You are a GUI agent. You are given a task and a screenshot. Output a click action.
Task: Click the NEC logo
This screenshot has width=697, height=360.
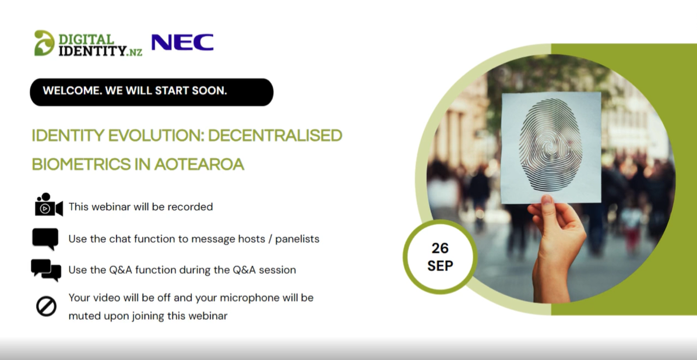point(182,42)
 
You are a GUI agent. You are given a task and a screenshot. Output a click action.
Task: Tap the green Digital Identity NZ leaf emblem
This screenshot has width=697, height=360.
point(44,43)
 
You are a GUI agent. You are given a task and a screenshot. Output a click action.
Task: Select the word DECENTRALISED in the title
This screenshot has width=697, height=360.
point(275,136)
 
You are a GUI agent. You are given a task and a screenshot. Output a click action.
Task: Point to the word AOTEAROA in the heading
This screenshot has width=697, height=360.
point(199,164)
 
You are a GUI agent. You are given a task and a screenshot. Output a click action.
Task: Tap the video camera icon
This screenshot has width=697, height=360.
point(49,205)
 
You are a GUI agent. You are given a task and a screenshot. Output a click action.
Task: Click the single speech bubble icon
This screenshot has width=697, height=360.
point(45,239)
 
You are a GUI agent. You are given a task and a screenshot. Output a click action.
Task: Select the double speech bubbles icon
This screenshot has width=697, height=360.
point(46,270)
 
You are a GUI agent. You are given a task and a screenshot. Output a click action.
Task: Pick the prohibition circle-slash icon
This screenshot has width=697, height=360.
point(46,306)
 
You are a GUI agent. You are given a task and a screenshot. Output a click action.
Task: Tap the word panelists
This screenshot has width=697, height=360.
point(297,239)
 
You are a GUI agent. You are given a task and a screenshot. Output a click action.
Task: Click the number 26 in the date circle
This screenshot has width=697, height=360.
point(440,248)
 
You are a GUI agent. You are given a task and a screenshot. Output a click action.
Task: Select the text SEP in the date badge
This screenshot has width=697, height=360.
point(440,266)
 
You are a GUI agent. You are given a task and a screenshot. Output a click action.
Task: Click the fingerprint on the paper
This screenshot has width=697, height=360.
point(550,145)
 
